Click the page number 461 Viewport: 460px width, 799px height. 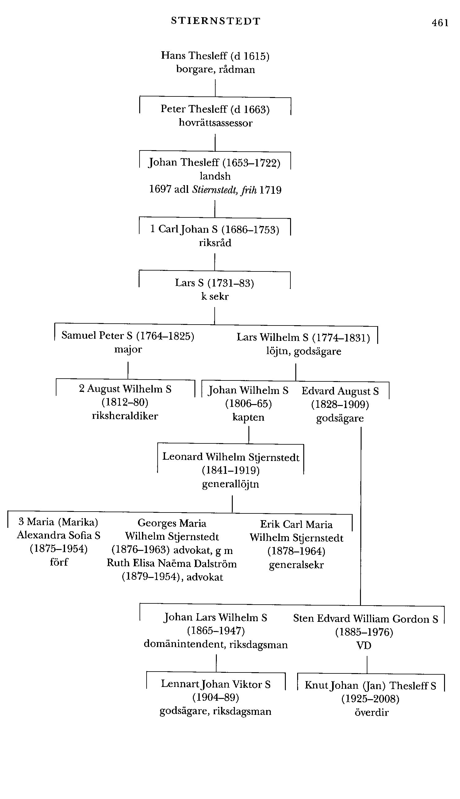point(440,23)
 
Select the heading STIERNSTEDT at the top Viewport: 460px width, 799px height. point(216,21)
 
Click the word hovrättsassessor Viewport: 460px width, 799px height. point(216,123)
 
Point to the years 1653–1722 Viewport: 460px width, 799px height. point(251,163)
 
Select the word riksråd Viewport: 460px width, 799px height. point(215,243)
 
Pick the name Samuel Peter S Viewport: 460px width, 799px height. point(97,336)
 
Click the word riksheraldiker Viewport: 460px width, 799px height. point(125,416)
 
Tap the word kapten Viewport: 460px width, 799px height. point(248,417)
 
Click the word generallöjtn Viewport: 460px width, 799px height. point(230,484)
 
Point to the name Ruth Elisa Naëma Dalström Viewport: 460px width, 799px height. point(171,563)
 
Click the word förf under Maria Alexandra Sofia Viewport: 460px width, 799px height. point(59,562)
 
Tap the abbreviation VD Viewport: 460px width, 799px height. point(364,645)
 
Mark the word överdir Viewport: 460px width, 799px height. point(371,713)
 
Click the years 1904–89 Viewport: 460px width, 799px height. point(216,697)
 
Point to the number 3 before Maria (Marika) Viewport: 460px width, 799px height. point(21,521)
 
